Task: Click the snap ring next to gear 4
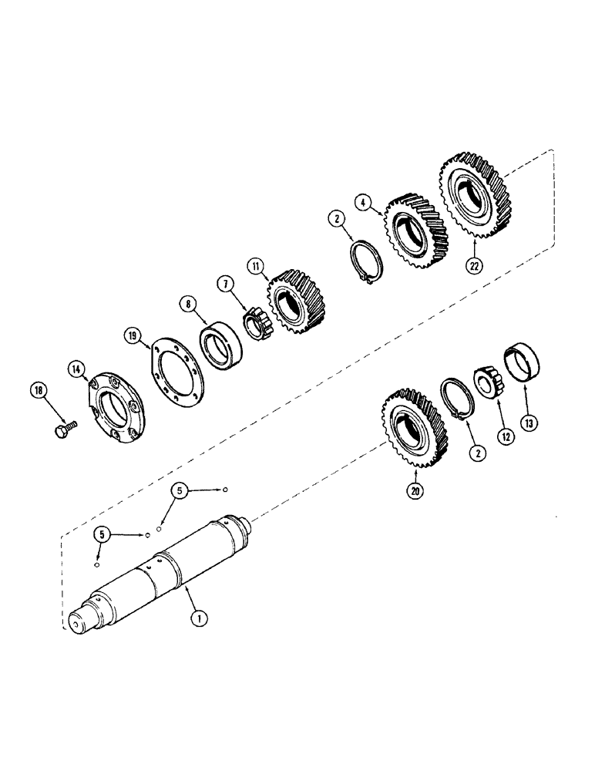(367, 263)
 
